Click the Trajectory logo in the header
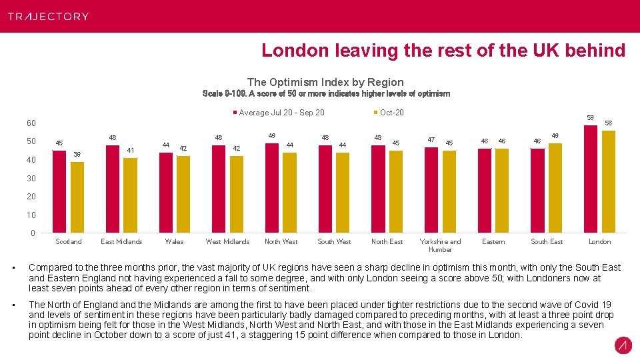(x=48, y=16)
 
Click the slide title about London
(x=443, y=51)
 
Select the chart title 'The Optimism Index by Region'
(x=325, y=82)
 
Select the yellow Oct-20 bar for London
(x=608, y=181)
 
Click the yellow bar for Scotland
(x=77, y=197)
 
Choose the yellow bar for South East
(x=555, y=188)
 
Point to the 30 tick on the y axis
(x=31, y=179)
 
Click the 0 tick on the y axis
(x=33, y=233)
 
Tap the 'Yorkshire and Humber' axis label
(x=440, y=245)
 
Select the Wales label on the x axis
(x=174, y=241)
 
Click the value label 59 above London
(x=590, y=117)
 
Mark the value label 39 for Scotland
(x=77, y=154)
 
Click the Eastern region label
(x=493, y=241)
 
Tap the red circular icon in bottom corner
(x=623, y=345)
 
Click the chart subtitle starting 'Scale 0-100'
(x=325, y=94)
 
